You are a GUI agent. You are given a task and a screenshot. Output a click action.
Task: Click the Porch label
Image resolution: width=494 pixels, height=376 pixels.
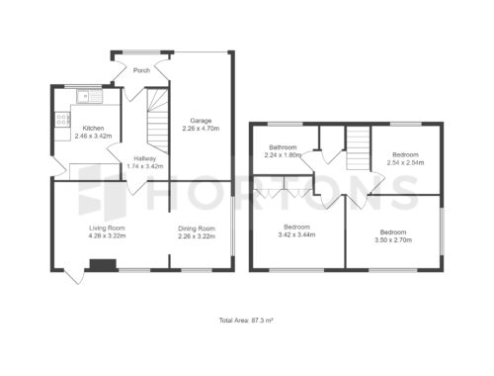pos(141,70)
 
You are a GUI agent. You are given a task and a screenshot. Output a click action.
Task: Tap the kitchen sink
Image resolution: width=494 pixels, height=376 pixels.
pos(90,96)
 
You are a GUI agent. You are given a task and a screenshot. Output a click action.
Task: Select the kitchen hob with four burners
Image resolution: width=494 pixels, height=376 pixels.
pos(62,120)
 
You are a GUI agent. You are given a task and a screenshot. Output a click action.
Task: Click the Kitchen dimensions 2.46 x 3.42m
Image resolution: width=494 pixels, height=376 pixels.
pos(93,136)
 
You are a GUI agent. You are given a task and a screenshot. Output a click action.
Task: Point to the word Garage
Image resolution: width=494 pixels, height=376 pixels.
pos(201,121)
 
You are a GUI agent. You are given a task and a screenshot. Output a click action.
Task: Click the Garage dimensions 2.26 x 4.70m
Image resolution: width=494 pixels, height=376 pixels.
pos(201,129)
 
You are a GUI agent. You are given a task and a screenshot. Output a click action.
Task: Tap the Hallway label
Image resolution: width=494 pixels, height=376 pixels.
pos(145,158)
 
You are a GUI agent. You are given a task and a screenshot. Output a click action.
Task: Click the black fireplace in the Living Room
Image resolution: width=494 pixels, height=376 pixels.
pos(103,265)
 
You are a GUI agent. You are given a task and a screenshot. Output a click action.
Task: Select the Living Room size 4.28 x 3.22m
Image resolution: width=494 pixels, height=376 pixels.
pos(107,235)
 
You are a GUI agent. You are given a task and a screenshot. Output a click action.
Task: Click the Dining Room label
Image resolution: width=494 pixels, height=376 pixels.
pos(197,229)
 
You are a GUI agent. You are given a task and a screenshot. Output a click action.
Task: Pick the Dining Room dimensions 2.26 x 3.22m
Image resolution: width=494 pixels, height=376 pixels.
pos(197,236)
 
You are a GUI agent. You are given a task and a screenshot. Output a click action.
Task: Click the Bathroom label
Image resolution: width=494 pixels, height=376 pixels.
pos(283,147)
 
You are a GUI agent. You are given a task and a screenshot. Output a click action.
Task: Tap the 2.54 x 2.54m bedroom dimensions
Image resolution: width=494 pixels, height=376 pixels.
pos(405,162)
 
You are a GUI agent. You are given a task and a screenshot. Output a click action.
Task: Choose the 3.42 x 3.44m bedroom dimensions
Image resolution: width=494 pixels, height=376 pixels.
pos(296,235)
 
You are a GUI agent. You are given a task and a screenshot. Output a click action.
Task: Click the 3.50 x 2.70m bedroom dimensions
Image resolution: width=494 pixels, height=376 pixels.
pos(393,240)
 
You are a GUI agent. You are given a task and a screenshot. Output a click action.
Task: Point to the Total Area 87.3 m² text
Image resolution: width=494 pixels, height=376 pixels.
pos(246,321)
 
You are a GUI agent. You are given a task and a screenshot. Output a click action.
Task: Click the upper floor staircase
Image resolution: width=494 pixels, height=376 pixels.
pos(359,148)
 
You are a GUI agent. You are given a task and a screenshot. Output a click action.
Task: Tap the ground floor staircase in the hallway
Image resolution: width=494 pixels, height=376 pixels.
pos(157,121)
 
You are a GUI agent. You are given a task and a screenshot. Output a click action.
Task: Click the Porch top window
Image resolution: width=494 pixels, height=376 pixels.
pos(141,51)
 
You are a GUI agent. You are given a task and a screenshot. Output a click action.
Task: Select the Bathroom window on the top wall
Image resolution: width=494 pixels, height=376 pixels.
pos(286,124)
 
